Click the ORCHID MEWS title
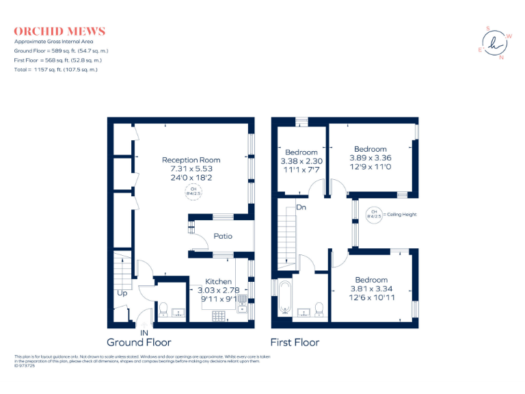tap(59, 31)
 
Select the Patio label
tap(223, 236)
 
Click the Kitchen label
tap(219, 281)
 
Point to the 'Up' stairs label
tap(122, 293)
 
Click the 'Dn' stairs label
tap(301, 207)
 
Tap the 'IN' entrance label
tap(144, 332)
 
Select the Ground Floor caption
tap(139, 342)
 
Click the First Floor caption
tap(295, 342)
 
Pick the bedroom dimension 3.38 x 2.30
tap(301, 161)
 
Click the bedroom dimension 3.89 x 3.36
tap(370, 157)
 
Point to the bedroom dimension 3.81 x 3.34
tap(371, 289)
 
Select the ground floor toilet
tap(163, 311)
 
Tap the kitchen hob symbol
tap(221, 315)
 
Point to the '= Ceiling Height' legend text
tap(400, 214)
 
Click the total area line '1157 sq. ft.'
tap(55, 70)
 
